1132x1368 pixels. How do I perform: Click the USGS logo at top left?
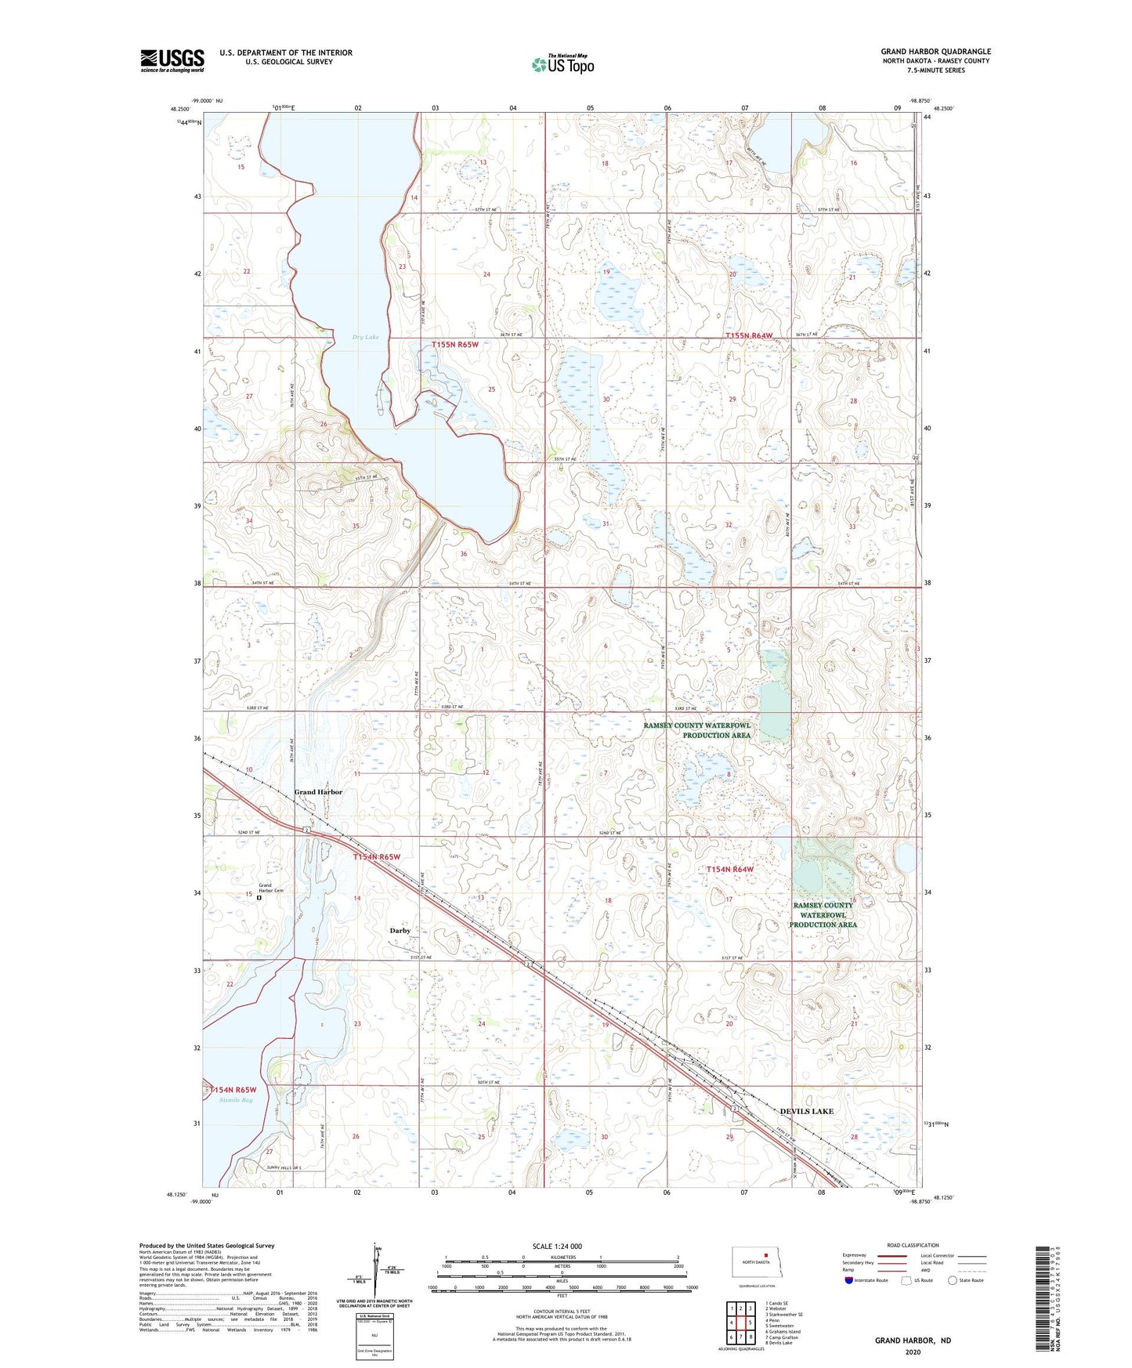172,60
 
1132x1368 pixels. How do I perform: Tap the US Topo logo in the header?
562,64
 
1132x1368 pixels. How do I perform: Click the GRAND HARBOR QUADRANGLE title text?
935,52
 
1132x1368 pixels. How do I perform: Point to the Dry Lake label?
365,337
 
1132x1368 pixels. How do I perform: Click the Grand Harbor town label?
318,792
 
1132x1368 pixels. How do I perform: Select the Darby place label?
400,931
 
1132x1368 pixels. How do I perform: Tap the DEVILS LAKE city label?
807,1111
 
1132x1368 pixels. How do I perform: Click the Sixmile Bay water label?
236,1100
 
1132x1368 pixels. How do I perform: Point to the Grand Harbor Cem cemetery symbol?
259,899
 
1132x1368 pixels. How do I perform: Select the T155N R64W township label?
749,335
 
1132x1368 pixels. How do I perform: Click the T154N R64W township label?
729,869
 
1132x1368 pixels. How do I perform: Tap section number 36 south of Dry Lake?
464,554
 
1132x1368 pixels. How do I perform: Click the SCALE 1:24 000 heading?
557,1247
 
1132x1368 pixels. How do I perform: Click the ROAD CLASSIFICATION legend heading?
913,1245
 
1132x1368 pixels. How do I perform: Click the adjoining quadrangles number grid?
740,1321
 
